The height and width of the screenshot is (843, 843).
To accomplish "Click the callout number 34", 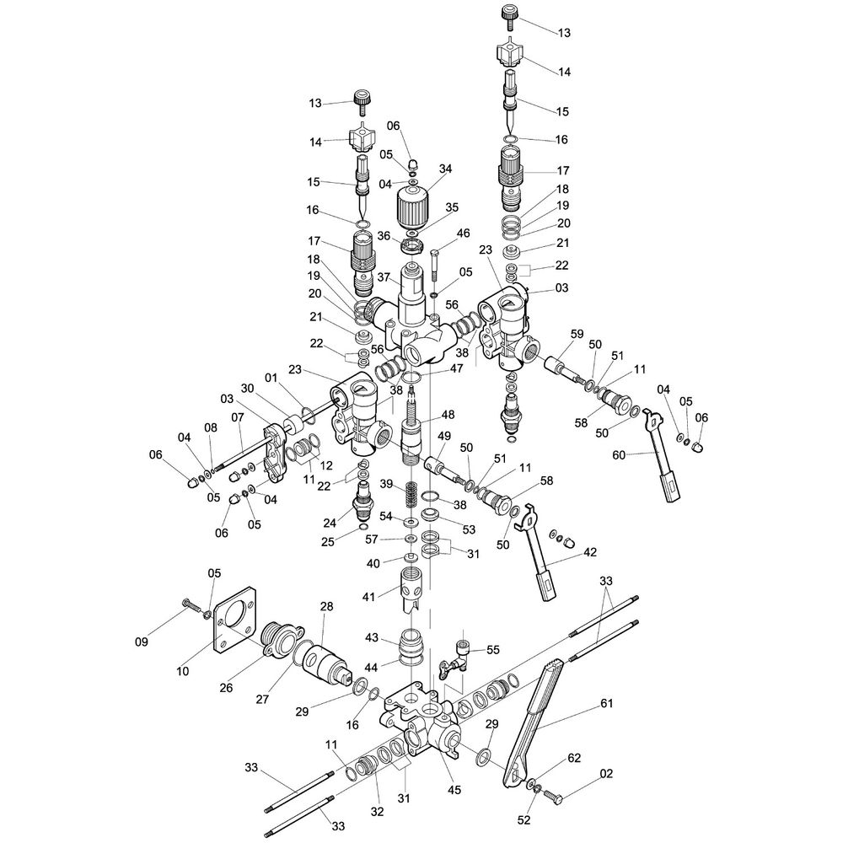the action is (446, 169).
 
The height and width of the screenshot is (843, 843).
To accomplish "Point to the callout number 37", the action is (383, 277).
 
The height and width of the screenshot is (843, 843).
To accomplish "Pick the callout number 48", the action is (448, 415).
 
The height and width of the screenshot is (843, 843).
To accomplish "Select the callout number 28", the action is (326, 606).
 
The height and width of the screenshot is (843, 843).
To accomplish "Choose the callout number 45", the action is (454, 790).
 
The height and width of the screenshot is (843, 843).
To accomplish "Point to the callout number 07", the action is (238, 416).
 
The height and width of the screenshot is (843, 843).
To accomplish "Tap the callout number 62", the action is (574, 758).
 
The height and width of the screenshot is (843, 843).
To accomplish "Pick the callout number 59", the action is (577, 334).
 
